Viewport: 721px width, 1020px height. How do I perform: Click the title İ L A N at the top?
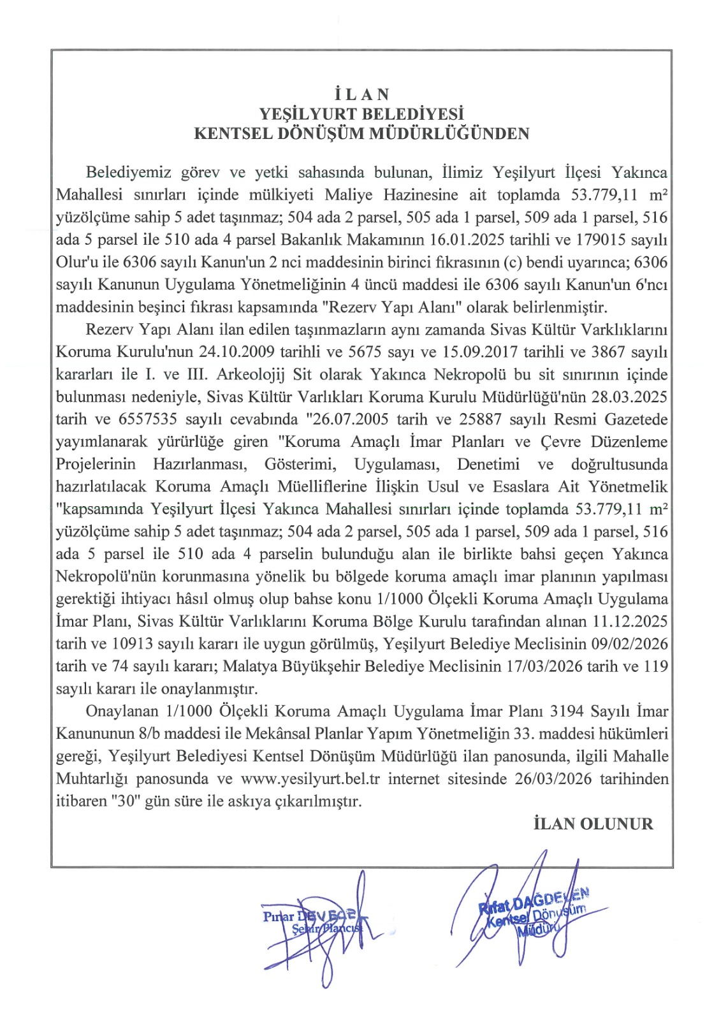(x=361, y=94)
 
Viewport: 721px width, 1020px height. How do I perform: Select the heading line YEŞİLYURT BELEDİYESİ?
(x=361, y=114)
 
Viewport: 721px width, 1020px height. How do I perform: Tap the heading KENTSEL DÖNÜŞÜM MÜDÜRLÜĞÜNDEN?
(x=361, y=134)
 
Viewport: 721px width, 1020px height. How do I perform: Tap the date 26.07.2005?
(x=352, y=419)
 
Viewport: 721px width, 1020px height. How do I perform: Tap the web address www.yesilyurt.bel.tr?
(x=310, y=779)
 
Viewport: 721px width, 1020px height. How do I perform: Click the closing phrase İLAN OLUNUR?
(x=593, y=824)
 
